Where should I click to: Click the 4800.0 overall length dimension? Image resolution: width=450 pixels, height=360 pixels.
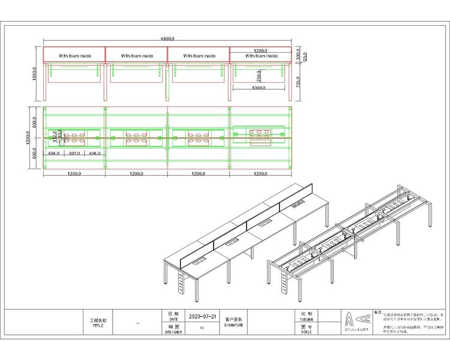(167, 39)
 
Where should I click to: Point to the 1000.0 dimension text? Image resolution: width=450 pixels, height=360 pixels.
(259, 88)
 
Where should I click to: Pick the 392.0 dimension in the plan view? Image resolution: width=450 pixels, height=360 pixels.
(74, 154)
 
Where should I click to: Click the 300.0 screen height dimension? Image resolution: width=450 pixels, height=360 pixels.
(298, 53)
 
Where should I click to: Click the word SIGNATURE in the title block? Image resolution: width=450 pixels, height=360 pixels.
(234, 324)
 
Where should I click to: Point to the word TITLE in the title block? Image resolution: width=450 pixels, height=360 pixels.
(98, 326)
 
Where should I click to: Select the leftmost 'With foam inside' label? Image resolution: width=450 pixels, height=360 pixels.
(74, 56)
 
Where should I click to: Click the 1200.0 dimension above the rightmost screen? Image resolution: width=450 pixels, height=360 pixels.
(260, 51)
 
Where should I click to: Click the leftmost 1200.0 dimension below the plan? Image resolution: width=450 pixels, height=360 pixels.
(74, 173)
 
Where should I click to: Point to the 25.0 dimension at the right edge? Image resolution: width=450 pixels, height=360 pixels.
(305, 55)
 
